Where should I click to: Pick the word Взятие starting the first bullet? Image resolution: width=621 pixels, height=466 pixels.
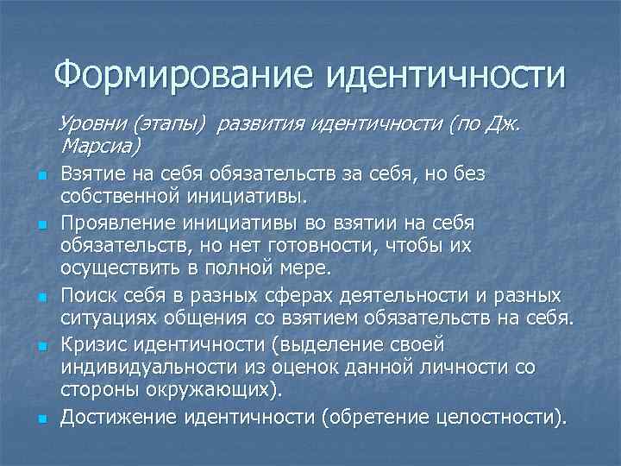click(91, 174)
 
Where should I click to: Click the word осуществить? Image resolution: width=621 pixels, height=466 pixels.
click(120, 268)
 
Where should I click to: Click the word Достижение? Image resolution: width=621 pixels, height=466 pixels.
click(119, 419)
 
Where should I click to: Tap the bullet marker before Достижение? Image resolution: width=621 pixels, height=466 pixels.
click(41, 420)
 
